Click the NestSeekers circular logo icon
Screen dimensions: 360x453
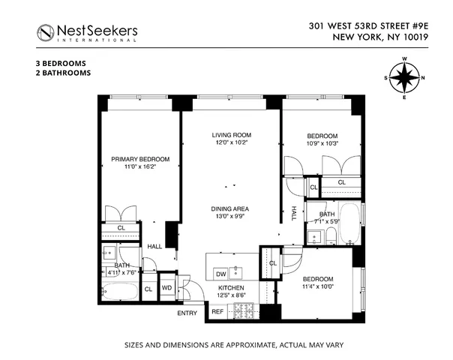click(47, 31)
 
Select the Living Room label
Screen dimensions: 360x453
click(231, 134)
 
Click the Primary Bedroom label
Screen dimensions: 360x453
click(140, 159)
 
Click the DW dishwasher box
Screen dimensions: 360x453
click(221, 273)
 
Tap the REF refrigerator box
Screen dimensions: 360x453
click(217, 311)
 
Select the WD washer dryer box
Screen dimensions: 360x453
click(167, 287)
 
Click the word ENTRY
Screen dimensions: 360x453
click(187, 313)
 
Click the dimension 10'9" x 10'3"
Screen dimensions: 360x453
click(322, 143)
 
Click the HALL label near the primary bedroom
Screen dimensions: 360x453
click(155, 246)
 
